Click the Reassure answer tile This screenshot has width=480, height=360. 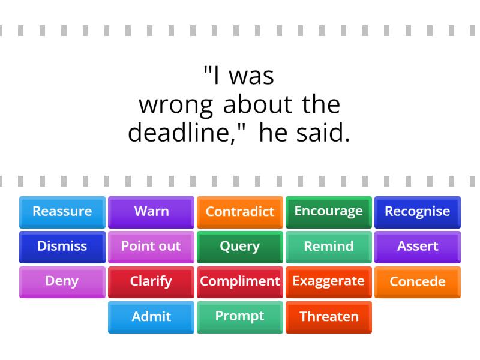(x=62, y=212)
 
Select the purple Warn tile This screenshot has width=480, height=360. (x=151, y=212)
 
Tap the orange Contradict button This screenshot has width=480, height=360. (x=240, y=212)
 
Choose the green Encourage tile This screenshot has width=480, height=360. (x=329, y=212)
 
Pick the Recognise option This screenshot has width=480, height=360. (x=418, y=212)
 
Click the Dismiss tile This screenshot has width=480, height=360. (x=62, y=247)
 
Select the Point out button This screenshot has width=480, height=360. (x=151, y=247)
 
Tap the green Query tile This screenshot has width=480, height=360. (x=240, y=247)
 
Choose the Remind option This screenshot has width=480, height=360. (x=329, y=247)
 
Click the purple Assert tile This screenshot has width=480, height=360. (x=418, y=247)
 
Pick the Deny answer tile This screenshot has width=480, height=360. (x=62, y=281)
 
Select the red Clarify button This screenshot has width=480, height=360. (x=151, y=281)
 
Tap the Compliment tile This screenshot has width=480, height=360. (x=240, y=281)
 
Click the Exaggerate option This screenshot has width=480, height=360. (x=329, y=281)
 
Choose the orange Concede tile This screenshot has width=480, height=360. (x=418, y=281)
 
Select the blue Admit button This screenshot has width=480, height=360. (x=151, y=317)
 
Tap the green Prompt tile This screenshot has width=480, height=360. (x=240, y=317)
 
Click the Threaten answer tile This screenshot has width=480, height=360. (x=329, y=317)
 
